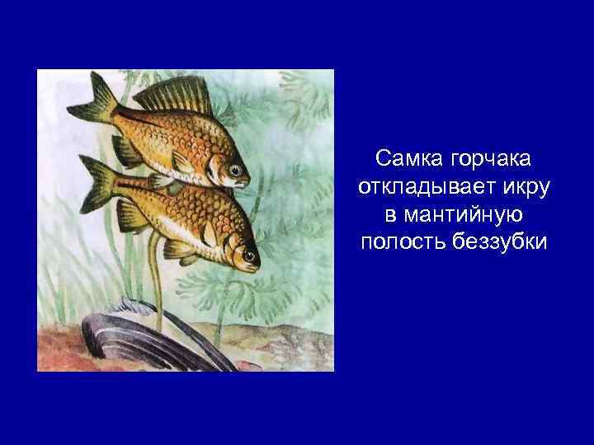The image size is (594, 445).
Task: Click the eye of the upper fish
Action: coord(237,171)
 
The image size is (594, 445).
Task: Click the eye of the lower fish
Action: coord(247,256)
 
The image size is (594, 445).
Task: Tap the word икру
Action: coord(527,185)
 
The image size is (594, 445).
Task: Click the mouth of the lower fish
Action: coord(258,265)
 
